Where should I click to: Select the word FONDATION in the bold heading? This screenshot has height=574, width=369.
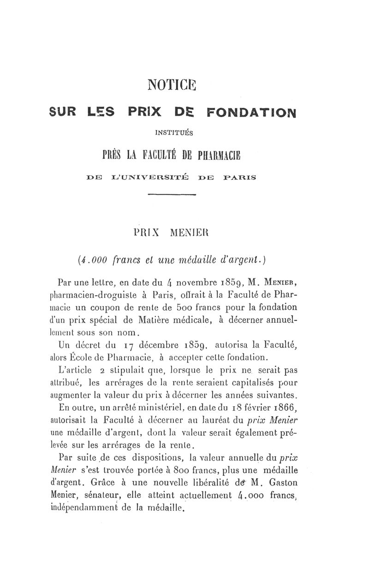251,113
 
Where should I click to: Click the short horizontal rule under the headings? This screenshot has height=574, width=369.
172,195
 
